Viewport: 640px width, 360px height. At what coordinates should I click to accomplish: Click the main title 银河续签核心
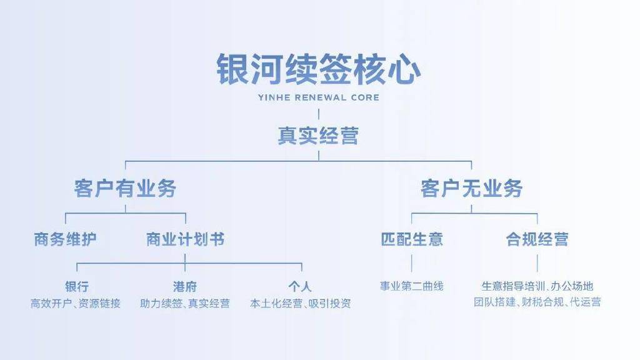[x=318, y=69]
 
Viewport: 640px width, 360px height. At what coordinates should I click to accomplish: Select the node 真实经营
[x=318, y=136]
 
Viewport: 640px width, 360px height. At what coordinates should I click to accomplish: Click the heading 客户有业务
[x=125, y=189]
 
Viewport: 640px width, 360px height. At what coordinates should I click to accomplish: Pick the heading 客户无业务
[x=471, y=189]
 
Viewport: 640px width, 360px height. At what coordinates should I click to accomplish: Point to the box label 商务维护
[x=65, y=239]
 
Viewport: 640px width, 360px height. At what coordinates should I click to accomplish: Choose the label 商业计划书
[x=185, y=239]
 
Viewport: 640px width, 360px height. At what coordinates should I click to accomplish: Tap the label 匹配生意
[x=412, y=239]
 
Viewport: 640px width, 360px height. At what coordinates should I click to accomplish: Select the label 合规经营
[x=537, y=239]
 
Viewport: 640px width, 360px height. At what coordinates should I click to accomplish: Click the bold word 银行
[x=77, y=286]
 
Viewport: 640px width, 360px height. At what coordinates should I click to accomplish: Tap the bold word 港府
[x=185, y=286]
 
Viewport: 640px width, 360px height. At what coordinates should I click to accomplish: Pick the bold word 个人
[x=300, y=286]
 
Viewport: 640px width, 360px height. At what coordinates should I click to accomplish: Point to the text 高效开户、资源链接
[x=76, y=303]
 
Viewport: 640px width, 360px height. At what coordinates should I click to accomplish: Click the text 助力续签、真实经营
[x=185, y=303]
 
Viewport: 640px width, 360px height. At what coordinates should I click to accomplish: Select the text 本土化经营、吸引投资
[x=301, y=303]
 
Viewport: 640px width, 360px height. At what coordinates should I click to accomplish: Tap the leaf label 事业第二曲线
[x=411, y=286]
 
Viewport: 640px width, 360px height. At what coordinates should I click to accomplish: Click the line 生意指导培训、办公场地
[x=537, y=286]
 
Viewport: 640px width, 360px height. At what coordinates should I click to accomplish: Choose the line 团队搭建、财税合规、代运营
[x=537, y=302]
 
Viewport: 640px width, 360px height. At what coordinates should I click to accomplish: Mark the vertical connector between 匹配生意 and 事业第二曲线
[x=411, y=263]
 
